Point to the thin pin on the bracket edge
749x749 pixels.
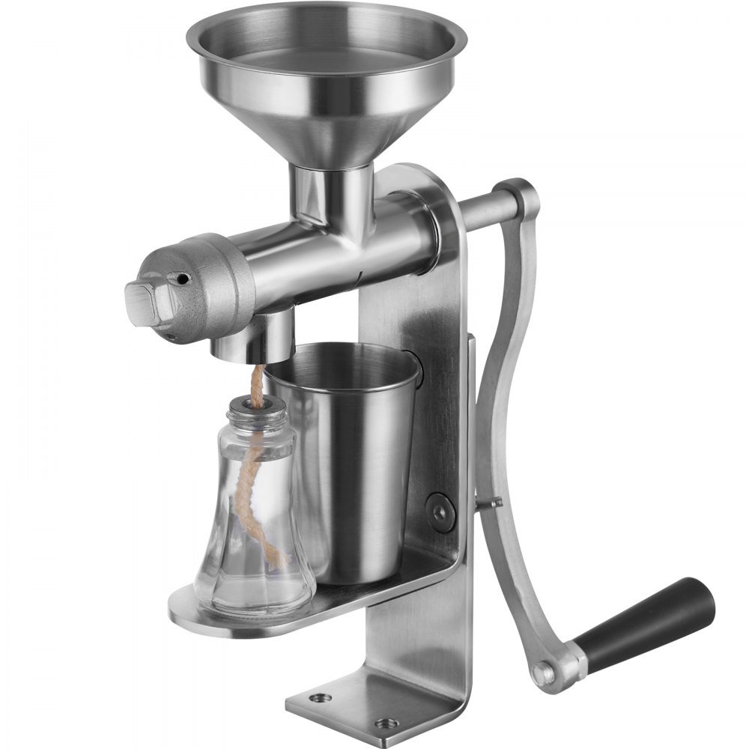coord(491,504)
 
